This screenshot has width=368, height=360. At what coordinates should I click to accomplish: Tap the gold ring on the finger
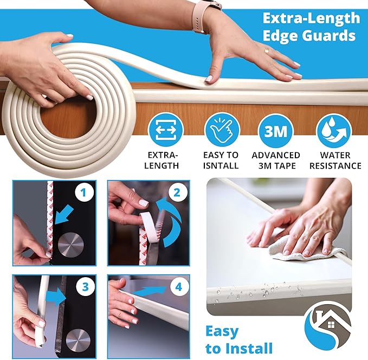click(x=266, y=50)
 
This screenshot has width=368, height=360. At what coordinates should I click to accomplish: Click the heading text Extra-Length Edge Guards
click(x=311, y=27)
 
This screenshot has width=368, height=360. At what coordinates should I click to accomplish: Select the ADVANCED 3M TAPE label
click(x=276, y=160)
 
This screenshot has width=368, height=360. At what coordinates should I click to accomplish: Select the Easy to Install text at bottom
click(x=238, y=339)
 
